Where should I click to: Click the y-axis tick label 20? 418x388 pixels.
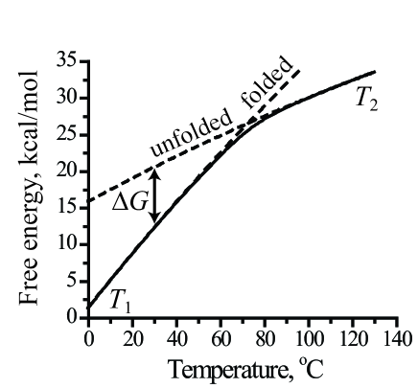click(67, 171)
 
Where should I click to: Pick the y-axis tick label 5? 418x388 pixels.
click(72, 281)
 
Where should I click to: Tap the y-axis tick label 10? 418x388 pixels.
click(67, 244)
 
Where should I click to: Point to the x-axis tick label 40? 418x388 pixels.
click(176, 337)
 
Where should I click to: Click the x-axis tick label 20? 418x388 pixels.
click(132, 337)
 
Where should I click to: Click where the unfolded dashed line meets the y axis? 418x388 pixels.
click(88, 202)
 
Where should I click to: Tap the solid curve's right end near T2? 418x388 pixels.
click(374, 72)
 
